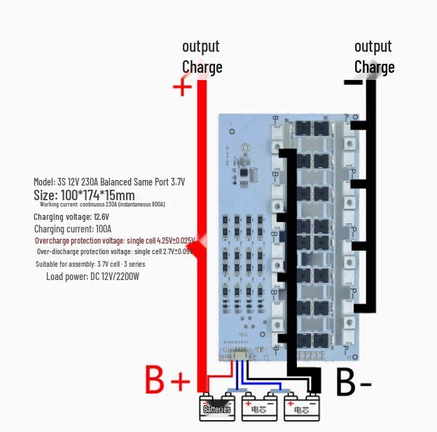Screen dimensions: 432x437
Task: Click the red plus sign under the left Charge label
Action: [x=182, y=87]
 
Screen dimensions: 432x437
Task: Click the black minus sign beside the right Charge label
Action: [x=353, y=83]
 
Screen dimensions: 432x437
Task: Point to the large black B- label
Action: [x=354, y=382]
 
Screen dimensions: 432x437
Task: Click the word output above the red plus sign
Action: [x=201, y=46]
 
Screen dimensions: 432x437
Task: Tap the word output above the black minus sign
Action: [x=373, y=46]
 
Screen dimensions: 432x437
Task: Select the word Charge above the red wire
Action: [x=202, y=67]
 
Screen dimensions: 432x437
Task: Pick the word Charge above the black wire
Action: [x=375, y=67]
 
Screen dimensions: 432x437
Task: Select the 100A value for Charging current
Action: [x=103, y=229]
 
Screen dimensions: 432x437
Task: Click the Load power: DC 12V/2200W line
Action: [x=92, y=277]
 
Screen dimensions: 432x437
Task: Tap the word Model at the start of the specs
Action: [x=43, y=182]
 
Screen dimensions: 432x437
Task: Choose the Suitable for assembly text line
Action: [x=90, y=264]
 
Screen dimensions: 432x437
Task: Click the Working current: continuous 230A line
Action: [x=102, y=204]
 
